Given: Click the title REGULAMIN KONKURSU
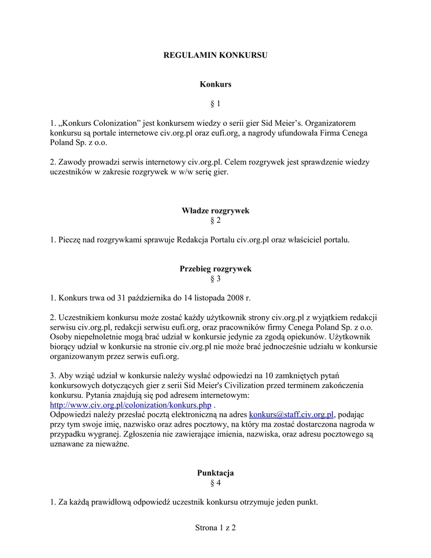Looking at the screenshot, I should click(215, 55).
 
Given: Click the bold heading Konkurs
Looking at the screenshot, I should click(215, 84).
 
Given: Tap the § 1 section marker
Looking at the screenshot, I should click(215, 104).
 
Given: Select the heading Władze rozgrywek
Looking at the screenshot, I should click(215, 210).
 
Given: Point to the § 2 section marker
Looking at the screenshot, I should click(215, 220).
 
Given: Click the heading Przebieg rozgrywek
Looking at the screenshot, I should click(215, 269).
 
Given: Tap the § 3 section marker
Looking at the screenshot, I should click(215, 279).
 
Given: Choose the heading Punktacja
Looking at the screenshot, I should click(215, 473).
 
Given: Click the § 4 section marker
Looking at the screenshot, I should click(215, 483).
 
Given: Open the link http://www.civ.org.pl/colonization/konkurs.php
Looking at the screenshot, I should click(130, 405).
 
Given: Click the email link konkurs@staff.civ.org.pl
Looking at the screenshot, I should click(291, 415).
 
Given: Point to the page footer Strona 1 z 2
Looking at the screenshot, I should click(215, 527).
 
